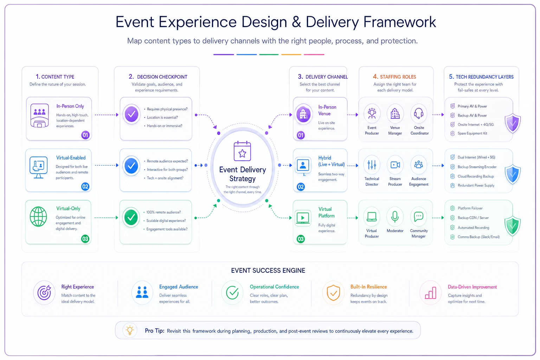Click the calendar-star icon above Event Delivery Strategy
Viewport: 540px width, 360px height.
[242, 151]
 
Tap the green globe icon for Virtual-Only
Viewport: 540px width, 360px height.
[38, 217]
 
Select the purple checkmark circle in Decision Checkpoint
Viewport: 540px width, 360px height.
[131, 114]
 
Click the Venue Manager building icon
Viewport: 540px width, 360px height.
[395, 113]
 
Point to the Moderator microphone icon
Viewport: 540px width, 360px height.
[395, 216]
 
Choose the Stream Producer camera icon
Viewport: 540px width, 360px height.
[395, 165]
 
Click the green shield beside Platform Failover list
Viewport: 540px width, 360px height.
[512, 226]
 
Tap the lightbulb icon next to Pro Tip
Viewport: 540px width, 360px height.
[130, 330]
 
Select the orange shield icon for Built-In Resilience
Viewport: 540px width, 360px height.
[333, 292]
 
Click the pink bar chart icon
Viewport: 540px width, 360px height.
[431, 293]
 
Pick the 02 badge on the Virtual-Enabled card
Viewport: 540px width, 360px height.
[85, 186]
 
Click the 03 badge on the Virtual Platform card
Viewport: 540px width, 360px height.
[301, 239]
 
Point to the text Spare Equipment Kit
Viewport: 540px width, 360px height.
[472, 133]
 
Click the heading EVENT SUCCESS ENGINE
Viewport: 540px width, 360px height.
[268, 271]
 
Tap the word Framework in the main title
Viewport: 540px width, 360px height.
[400, 22]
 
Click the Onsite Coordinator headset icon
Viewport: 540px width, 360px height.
[419, 113]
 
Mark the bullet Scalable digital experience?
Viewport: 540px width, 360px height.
[166, 221]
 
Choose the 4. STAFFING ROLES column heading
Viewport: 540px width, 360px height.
[394, 77]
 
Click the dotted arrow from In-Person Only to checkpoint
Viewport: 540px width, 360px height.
[107, 115]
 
